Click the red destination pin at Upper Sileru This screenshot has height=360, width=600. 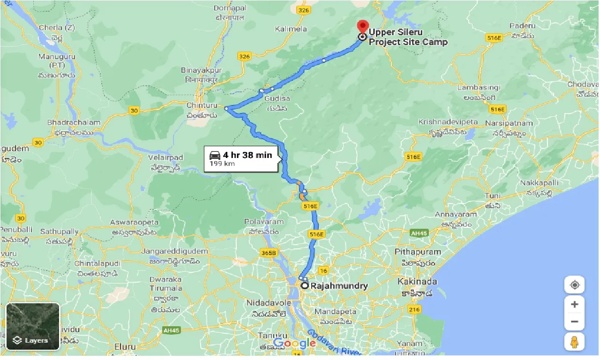pyautogui.click(x=362, y=26)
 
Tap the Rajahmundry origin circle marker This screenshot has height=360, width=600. pyautogui.click(x=304, y=285)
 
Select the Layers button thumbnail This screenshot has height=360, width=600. pyautogui.click(x=33, y=326)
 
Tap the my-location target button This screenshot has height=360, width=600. pyautogui.click(x=575, y=285)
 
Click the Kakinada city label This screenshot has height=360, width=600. pyautogui.click(x=417, y=282)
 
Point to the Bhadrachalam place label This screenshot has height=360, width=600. pyautogui.click(x=74, y=122)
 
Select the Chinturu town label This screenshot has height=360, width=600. pyautogui.click(x=202, y=105)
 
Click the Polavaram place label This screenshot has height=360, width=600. pyautogui.click(x=264, y=222)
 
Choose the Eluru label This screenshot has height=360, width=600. pyautogui.click(x=125, y=347)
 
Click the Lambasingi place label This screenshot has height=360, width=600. pyautogui.click(x=479, y=88)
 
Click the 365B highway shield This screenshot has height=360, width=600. pyautogui.click(x=269, y=253)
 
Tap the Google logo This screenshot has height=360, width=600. pyautogui.click(x=294, y=343)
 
